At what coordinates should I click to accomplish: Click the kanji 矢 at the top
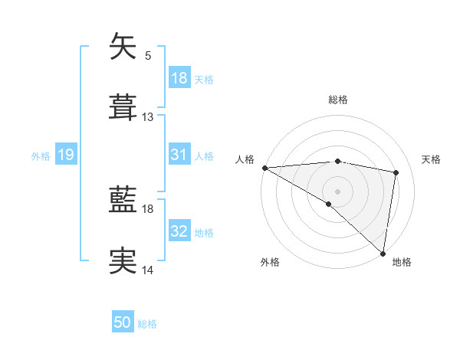click(124, 47)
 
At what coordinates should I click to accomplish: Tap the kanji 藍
click(124, 201)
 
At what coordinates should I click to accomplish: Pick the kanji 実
click(124, 261)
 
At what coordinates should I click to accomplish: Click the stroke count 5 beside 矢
click(148, 55)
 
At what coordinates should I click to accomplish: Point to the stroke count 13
click(148, 117)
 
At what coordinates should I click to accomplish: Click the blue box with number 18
click(179, 78)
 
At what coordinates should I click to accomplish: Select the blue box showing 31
click(179, 155)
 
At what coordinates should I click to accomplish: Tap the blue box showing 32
click(179, 232)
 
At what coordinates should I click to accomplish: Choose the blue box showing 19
click(66, 155)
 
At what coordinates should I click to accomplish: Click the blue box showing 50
click(123, 323)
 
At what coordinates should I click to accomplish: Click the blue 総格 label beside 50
click(147, 324)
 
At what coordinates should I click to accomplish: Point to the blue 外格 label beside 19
click(41, 156)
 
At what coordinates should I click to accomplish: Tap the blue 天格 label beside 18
click(204, 80)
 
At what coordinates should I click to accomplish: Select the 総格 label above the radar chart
click(338, 100)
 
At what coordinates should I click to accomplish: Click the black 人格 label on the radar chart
click(245, 159)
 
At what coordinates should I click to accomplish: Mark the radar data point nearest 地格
click(383, 253)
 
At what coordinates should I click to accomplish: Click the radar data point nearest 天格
click(396, 172)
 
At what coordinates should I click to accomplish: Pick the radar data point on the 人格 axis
click(264, 168)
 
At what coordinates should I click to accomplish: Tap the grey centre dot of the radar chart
click(338, 191)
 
